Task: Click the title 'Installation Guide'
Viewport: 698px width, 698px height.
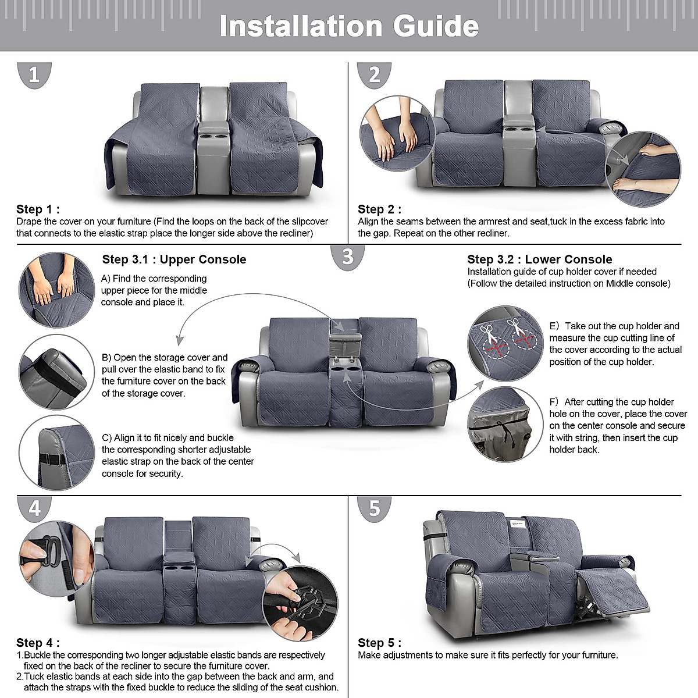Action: click(349, 26)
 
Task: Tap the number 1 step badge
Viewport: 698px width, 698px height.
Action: click(34, 75)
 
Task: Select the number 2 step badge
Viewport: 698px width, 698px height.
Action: click(374, 75)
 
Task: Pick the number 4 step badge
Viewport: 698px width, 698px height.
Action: click(34, 508)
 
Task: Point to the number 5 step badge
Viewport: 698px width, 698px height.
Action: click(374, 508)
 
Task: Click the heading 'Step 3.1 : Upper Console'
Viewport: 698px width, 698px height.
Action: click(174, 259)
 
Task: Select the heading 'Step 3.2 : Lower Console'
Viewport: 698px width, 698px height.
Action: click(539, 259)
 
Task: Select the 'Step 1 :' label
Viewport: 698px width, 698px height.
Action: click(38, 209)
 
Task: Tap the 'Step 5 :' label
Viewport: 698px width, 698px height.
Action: click(379, 643)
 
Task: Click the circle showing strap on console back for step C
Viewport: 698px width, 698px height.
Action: click(56, 453)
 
